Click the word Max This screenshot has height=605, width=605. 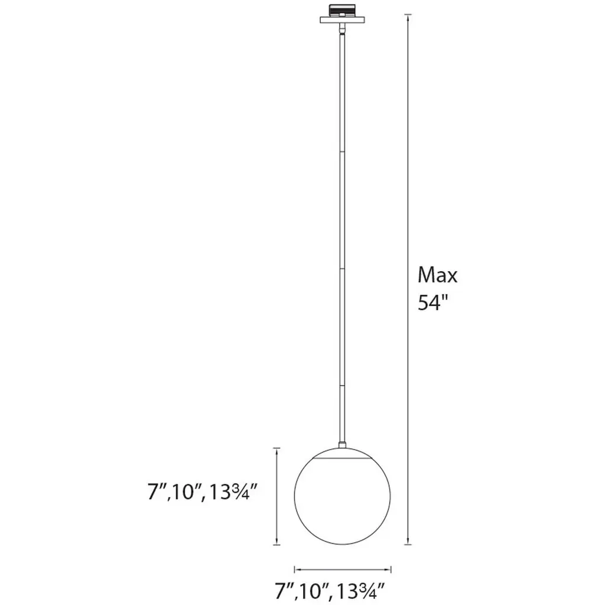[438, 275]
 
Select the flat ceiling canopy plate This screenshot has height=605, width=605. [342, 19]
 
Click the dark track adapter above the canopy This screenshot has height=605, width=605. [342, 10]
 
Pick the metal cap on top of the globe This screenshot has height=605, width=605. [342, 453]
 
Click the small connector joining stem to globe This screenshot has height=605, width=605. [342, 445]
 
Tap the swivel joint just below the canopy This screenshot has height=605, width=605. [342, 28]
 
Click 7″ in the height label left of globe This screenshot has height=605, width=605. [157, 492]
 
